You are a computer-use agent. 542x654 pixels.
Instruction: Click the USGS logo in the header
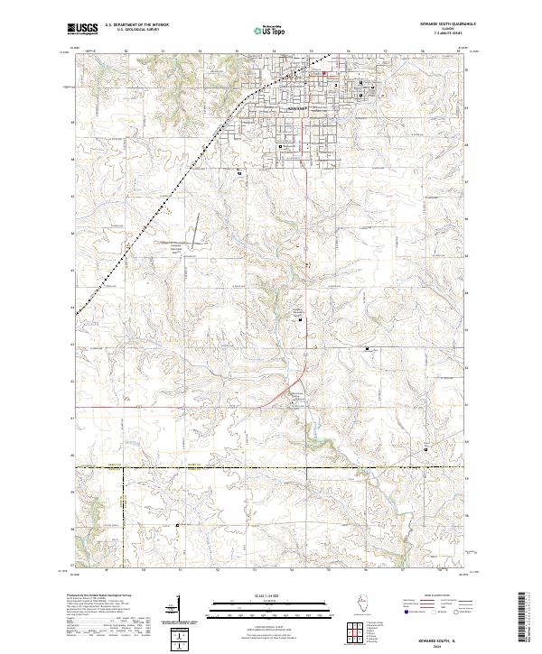coord(82,29)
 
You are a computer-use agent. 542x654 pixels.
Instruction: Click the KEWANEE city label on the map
coord(298,107)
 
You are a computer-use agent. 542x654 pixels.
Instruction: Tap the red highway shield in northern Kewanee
coord(326,72)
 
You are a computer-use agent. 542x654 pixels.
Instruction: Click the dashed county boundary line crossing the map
coord(271,467)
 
